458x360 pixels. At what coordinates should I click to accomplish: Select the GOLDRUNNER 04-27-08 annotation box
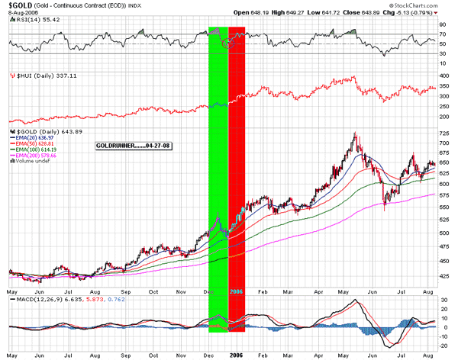133,146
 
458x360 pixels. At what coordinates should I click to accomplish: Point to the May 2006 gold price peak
353,135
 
